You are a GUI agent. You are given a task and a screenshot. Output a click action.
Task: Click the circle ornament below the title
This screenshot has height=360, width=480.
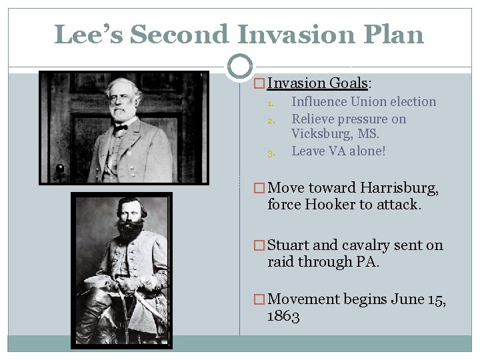[x=240, y=67]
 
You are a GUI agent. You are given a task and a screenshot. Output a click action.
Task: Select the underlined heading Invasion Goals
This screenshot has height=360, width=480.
[x=319, y=83]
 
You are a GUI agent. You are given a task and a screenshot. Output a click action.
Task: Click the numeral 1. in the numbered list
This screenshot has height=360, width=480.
[x=271, y=103]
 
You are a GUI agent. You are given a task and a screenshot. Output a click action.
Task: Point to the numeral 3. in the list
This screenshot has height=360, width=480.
[x=271, y=153]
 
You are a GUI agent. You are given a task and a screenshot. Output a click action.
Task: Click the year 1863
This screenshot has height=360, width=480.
[x=283, y=316]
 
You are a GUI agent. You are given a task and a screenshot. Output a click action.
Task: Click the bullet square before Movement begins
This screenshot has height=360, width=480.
[x=260, y=300]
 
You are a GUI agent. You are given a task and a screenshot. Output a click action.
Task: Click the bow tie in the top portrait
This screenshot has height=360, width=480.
[x=121, y=126]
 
